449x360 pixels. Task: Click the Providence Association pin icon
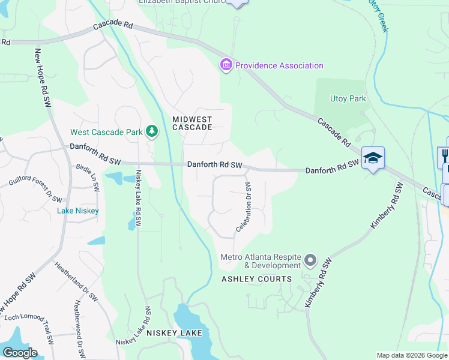pos(226,65)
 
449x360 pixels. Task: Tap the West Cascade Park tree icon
pos(152,131)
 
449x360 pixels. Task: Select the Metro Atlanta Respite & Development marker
pos(310,260)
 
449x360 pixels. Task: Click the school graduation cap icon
pos(373,158)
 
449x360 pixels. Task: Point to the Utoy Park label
pos(348,98)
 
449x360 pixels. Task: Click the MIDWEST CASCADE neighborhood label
pos(192,123)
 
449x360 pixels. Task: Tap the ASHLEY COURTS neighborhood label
pos(256,279)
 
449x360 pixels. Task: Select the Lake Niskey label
pos(78,211)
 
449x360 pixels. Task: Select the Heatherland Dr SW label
pos(76,284)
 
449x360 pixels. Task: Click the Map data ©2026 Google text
pos(411,355)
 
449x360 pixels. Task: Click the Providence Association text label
pos(279,65)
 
